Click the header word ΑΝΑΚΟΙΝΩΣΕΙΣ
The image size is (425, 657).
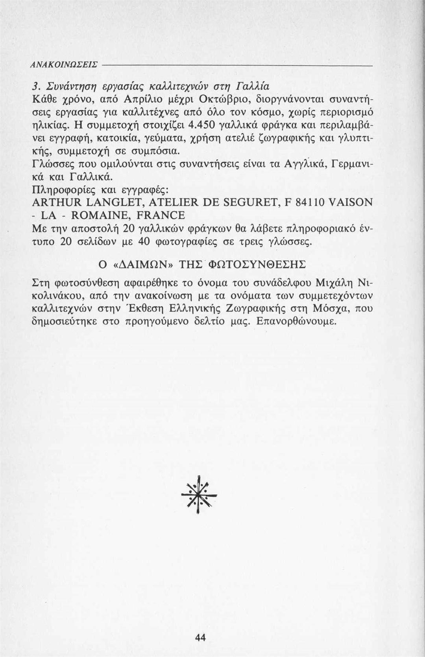coord(64,64)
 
